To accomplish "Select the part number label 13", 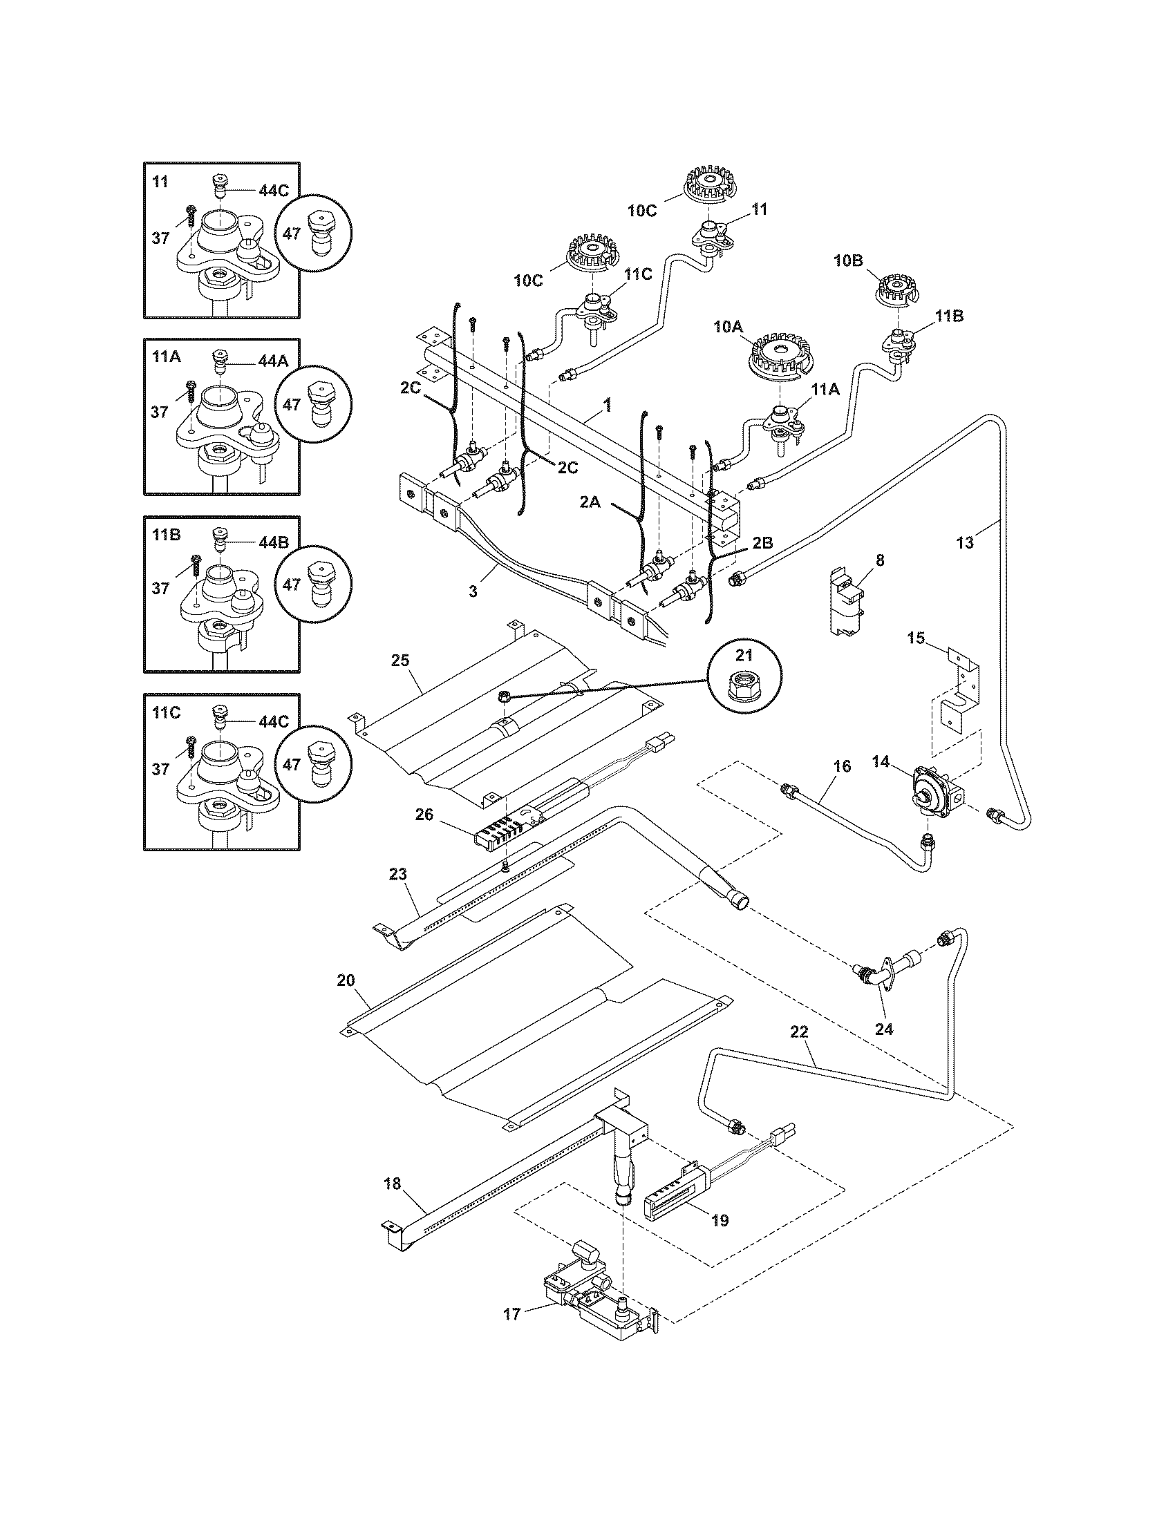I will pos(965,544).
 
